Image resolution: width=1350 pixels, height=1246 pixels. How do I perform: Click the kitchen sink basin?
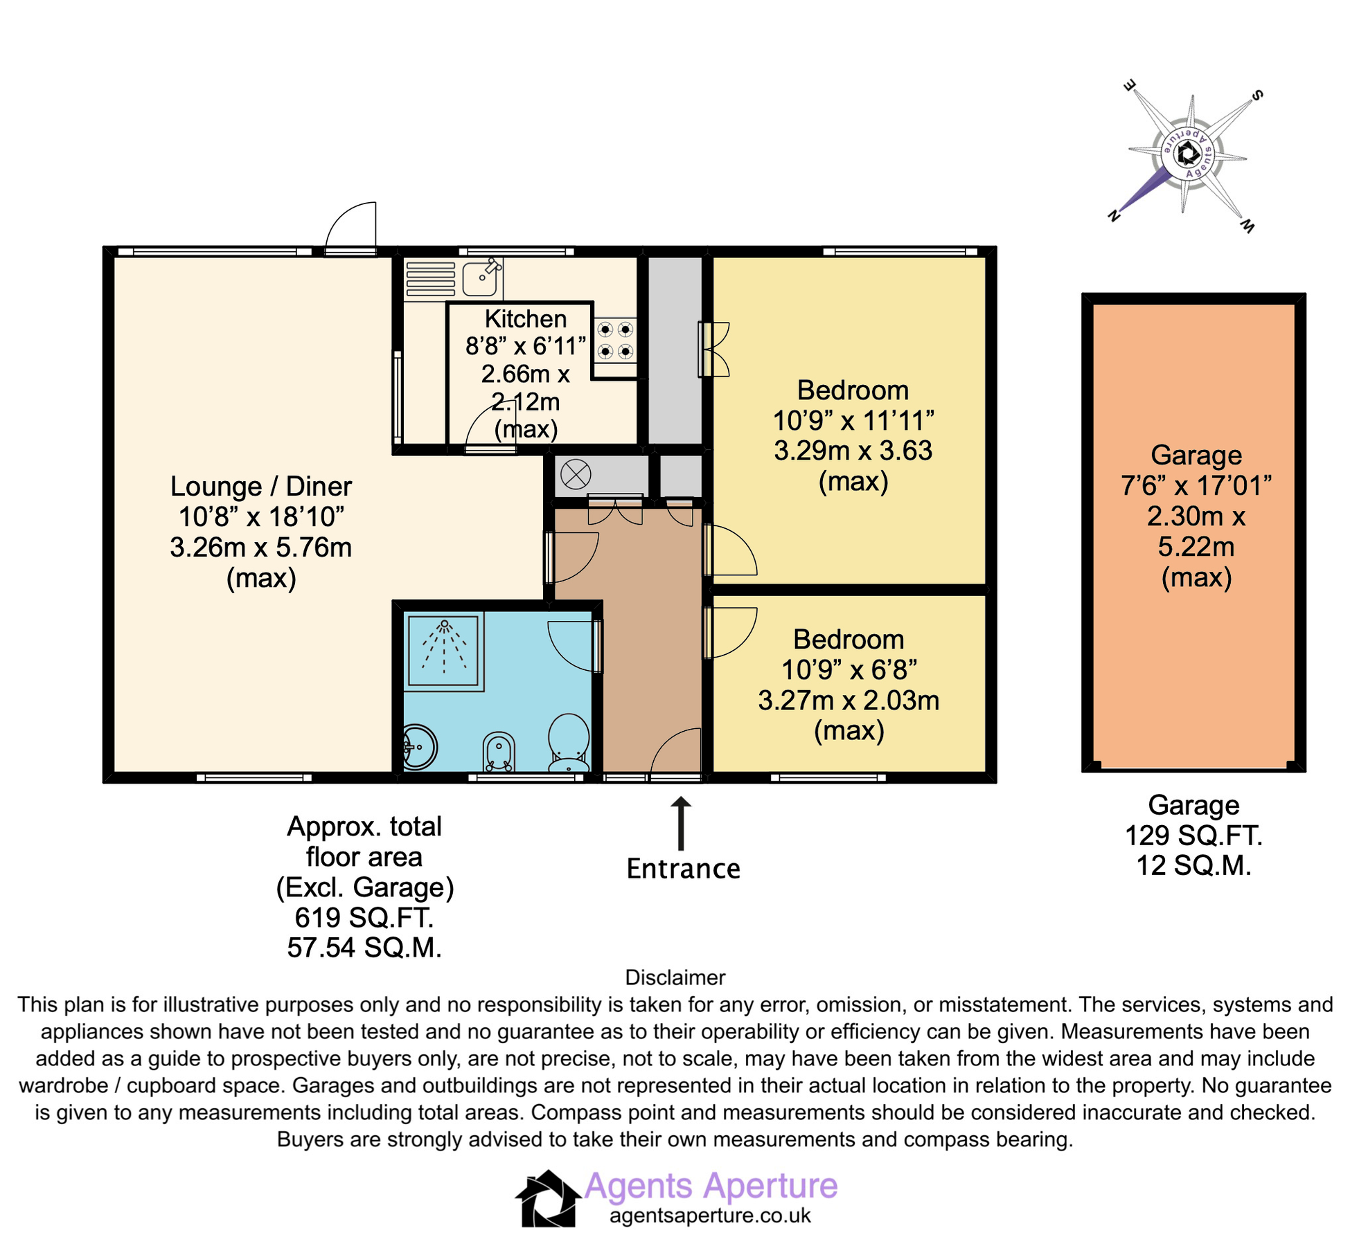(479, 279)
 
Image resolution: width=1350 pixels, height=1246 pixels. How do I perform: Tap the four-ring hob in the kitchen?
(615, 340)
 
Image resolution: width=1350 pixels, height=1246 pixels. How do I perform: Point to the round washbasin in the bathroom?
(418, 746)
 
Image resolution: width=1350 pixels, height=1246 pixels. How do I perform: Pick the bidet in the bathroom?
(499, 752)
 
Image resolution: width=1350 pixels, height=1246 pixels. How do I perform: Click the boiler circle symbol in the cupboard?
(575, 474)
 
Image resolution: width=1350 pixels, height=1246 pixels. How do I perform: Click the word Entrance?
(683, 869)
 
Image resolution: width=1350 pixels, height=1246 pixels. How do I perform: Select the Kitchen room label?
(525, 319)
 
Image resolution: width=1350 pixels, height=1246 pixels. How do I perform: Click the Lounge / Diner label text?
(261, 487)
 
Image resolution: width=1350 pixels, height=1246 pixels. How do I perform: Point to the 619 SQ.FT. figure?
(364, 917)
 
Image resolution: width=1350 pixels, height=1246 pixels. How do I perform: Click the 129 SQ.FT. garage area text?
(1193, 836)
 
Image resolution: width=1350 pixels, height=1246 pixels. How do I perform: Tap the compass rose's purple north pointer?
(1143, 190)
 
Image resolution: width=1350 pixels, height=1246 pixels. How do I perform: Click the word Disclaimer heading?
(675, 977)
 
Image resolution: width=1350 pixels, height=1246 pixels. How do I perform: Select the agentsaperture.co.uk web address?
(709, 1216)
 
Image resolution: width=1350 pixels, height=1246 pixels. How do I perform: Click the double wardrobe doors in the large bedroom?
(713, 349)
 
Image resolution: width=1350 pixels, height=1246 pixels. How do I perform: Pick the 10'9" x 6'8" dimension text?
(849, 670)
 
